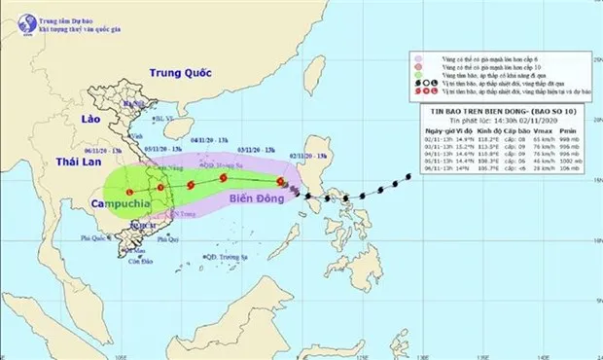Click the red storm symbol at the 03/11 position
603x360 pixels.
pos(224,179)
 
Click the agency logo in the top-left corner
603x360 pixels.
pos(15,15)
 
